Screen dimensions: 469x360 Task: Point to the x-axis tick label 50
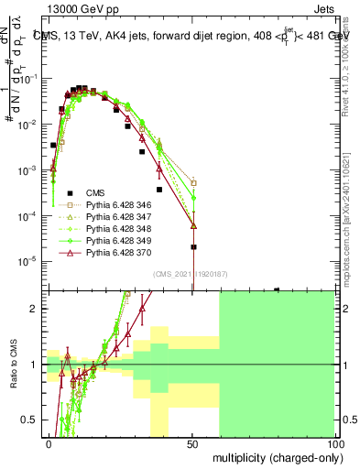tap(192, 443)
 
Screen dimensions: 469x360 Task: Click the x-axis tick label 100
tap(335, 443)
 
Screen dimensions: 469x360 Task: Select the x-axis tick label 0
tap(49, 443)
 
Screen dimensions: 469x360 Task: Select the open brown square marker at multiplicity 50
tap(193, 182)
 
